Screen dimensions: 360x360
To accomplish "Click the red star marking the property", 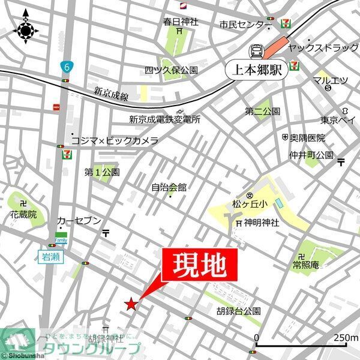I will click(131, 304).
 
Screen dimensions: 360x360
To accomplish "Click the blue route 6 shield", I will click(65, 65).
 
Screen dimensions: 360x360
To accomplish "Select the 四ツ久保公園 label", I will click(171, 70).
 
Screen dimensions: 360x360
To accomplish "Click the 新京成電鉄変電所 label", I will click(164, 119).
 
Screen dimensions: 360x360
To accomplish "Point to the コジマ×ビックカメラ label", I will click(115, 140).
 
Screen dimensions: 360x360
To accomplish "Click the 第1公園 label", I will click(102, 172).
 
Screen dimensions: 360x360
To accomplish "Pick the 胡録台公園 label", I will click(239, 311).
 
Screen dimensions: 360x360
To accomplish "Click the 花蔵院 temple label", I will click(23, 214).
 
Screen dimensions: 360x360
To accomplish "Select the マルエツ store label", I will click(330, 80).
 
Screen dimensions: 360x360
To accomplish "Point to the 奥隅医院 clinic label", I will click(307, 138).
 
